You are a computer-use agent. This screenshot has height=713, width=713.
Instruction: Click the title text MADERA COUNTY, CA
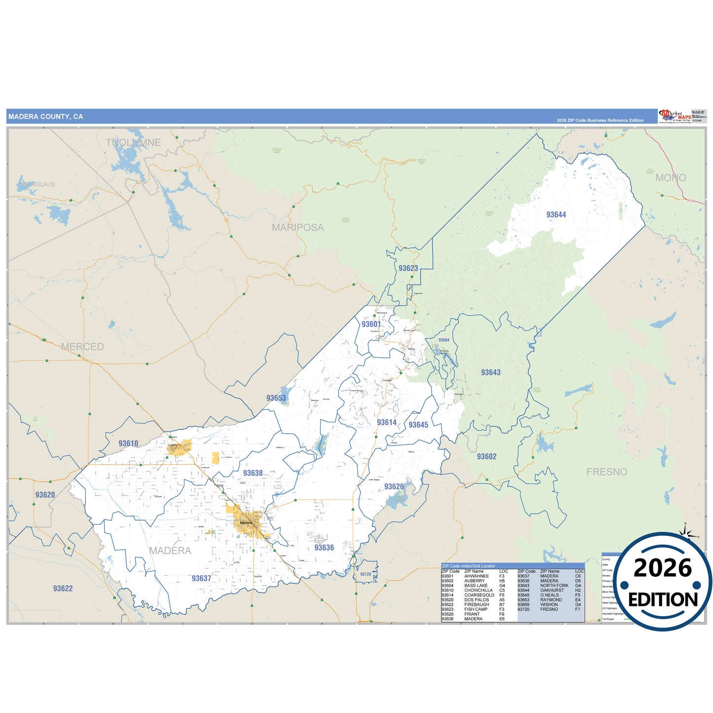coord(45,117)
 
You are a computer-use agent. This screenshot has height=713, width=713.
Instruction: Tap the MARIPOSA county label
coord(298,227)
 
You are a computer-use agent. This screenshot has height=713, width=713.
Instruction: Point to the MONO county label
coord(671,178)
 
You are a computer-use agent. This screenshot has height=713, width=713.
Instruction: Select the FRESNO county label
coord(606,472)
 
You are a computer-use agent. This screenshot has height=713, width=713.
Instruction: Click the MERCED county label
coord(82,347)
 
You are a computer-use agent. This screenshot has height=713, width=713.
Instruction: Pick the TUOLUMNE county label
coord(133,143)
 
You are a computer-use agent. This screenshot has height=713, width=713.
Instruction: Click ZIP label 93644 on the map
coord(556,215)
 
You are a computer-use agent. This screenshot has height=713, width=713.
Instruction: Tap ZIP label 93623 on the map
coord(408,268)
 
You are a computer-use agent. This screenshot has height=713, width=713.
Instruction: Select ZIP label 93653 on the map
coord(276,398)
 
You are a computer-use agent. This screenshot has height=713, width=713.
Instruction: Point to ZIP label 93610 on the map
coord(128,443)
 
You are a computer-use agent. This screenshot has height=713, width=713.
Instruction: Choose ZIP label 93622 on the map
coord(63,588)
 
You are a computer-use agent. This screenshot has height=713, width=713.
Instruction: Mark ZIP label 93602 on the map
coord(487,456)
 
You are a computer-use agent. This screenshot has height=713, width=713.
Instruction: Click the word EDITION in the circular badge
coord(663,600)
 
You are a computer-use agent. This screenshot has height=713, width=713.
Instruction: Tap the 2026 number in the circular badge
coord(663,568)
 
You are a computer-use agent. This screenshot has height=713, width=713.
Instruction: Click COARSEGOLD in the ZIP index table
coord(479,595)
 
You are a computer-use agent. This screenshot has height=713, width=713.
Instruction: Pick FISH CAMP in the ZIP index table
coord(476,609)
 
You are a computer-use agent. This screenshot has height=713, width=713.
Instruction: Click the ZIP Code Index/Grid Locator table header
coord(468,566)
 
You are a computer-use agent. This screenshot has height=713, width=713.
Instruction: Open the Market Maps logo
coord(675,116)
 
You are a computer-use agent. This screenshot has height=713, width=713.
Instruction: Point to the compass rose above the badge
coord(686,531)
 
